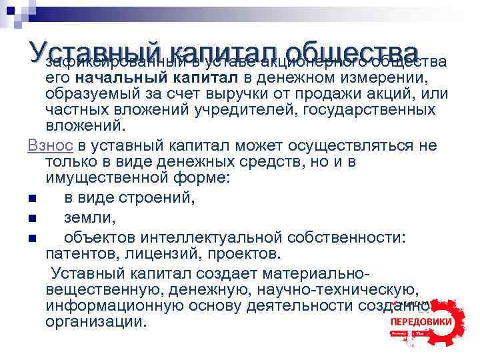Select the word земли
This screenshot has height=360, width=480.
point(91,217)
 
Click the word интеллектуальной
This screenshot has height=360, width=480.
point(221,237)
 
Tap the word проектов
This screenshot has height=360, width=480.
point(245,253)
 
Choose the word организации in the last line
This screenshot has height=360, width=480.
point(95,321)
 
